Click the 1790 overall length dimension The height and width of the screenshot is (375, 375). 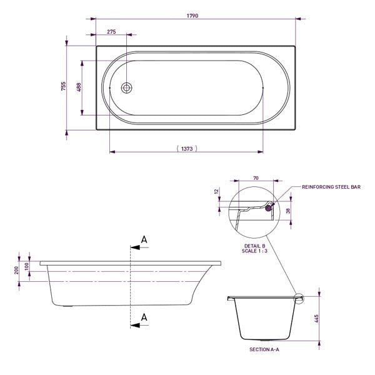(x=191, y=15)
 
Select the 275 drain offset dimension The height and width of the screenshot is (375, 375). (x=112, y=31)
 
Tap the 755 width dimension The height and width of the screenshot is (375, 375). (x=63, y=87)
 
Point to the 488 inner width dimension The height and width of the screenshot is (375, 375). (x=79, y=88)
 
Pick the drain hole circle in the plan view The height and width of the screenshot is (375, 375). (x=126, y=88)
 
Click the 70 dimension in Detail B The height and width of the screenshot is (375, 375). (x=256, y=178)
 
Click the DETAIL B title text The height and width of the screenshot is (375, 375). (x=256, y=247)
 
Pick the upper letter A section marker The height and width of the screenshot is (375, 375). (x=144, y=240)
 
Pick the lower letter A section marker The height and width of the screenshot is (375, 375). (x=144, y=317)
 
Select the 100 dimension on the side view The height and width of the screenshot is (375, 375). (x=27, y=266)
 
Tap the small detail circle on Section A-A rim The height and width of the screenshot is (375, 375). (x=299, y=299)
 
